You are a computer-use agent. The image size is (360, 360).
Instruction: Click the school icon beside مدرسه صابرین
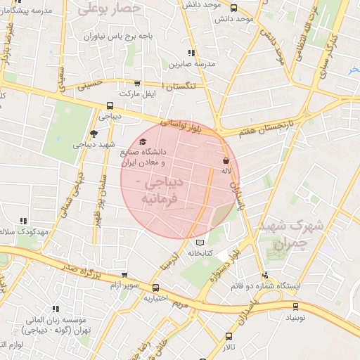click(191, 53)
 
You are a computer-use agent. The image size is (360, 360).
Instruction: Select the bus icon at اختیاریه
click(155, 288)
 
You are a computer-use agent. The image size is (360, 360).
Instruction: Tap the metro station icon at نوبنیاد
click(295, 307)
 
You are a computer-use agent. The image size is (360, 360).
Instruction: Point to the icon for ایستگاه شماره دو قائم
click(265, 276)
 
